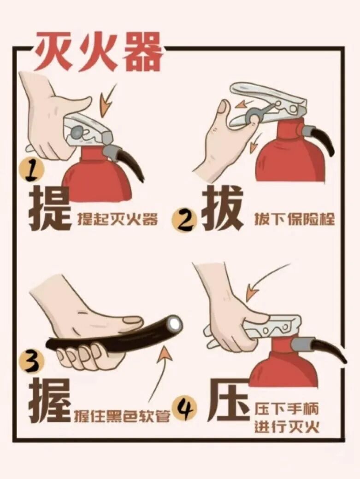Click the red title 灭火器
(x=98, y=52)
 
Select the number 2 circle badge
(x=184, y=221)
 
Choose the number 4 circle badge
(x=185, y=408)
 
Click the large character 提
(x=50, y=210)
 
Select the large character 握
(x=50, y=400)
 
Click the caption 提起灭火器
(x=118, y=219)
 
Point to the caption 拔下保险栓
(x=294, y=219)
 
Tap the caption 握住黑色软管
(x=122, y=416)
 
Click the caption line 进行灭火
(x=287, y=426)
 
